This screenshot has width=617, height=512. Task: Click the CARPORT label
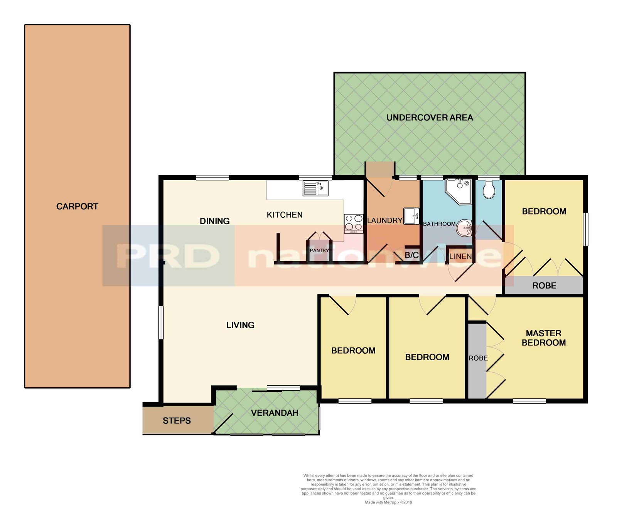pyautogui.click(x=77, y=206)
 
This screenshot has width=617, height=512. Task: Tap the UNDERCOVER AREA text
pyautogui.click(x=430, y=118)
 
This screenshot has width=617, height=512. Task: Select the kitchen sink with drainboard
pyautogui.click(x=315, y=188)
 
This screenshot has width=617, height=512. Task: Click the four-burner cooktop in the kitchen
pyautogui.click(x=354, y=223)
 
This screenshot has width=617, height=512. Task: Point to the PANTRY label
pyautogui.click(x=319, y=250)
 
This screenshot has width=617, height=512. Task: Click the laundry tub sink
pyautogui.click(x=411, y=216)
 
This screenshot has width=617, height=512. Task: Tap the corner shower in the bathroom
pyautogui.click(x=459, y=191)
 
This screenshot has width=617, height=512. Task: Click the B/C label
pyautogui.click(x=411, y=255)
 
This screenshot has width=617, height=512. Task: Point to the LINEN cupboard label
pyautogui.click(x=460, y=256)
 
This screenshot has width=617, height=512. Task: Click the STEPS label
pyautogui.click(x=177, y=421)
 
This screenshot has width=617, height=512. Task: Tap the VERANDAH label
pyautogui.click(x=275, y=413)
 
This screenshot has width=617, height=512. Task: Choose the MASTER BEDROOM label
pyautogui.click(x=544, y=338)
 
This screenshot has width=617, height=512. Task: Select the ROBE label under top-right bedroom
pyautogui.click(x=544, y=285)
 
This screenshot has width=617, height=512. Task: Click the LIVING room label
pyautogui.click(x=240, y=325)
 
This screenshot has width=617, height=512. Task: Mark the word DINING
pyautogui.click(x=214, y=221)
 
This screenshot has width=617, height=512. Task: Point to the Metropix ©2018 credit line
pyautogui.click(x=388, y=502)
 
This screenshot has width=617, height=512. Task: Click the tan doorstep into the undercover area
pyautogui.click(x=380, y=170)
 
